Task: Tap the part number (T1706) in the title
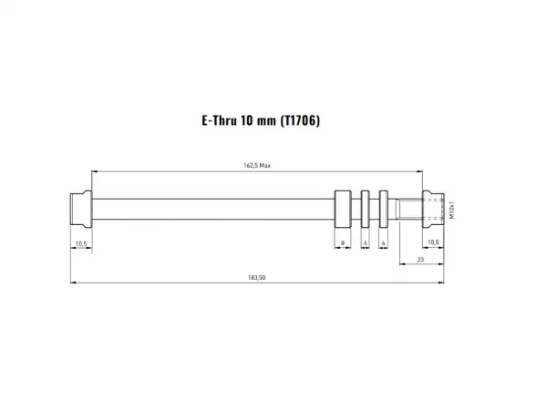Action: (300, 120)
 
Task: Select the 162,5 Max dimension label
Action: (257, 165)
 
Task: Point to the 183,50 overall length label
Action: (257, 278)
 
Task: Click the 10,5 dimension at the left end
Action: (81, 243)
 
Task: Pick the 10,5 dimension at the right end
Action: (433, 242)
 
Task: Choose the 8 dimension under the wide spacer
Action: (343, 243)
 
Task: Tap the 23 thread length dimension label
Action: (420, 259)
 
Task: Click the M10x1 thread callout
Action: (452, 210)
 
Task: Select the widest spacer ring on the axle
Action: (343, 210)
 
